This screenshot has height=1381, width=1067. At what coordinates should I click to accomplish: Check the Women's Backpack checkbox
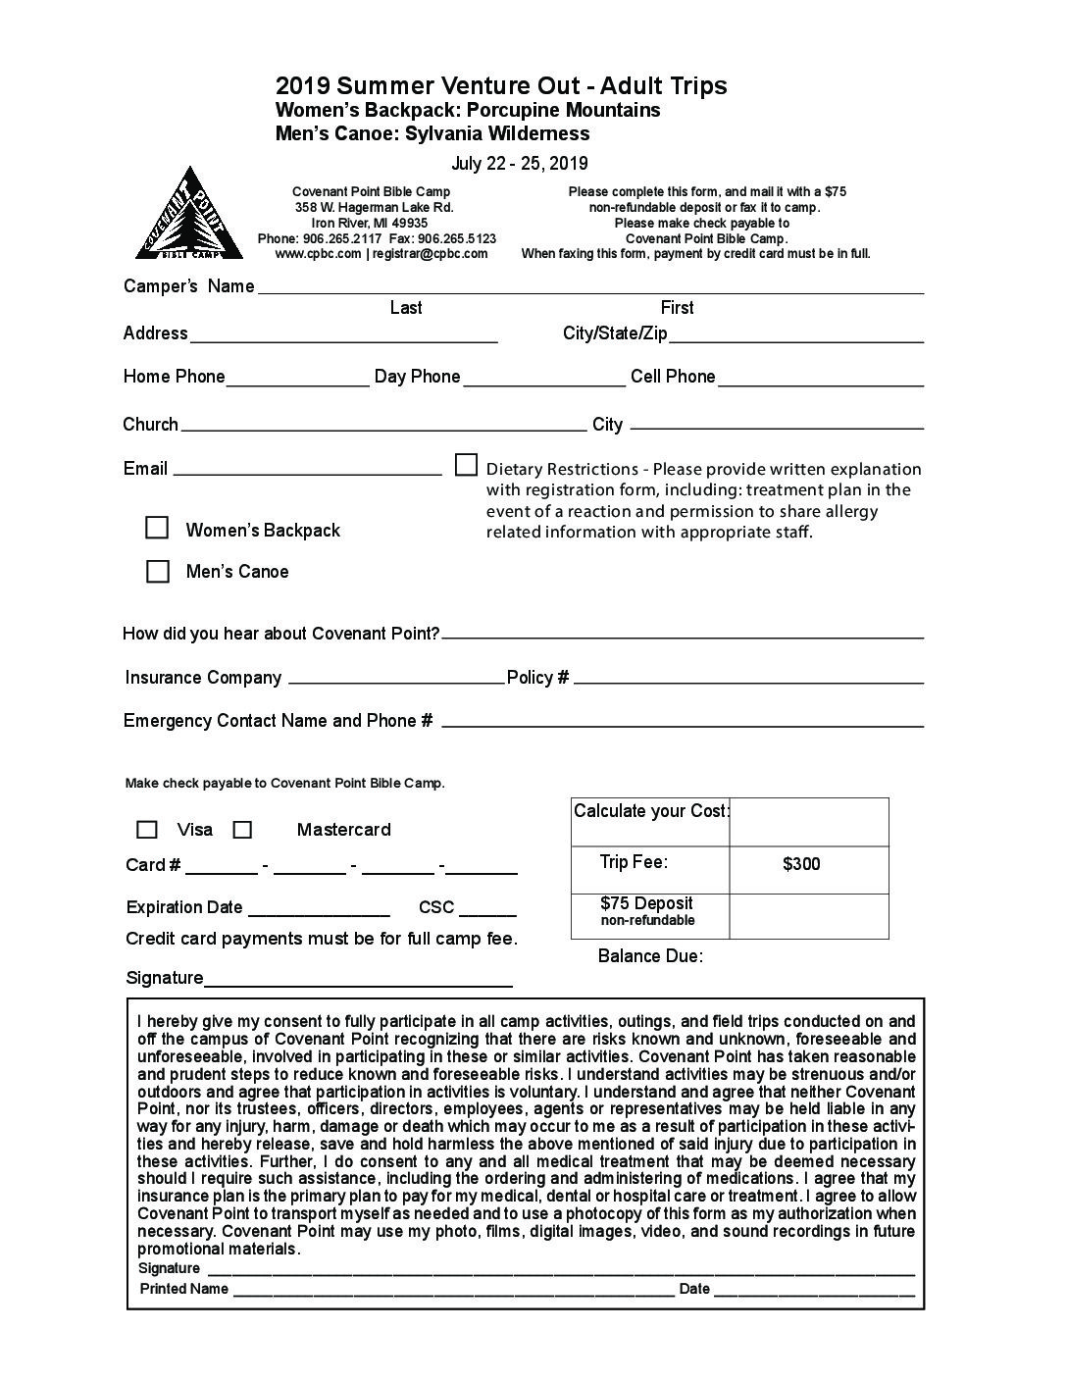click(x=157, y=528)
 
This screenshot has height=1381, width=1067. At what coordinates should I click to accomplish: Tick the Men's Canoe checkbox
click(x=157, y=571)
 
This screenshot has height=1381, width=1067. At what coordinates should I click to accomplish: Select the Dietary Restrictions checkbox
click(x=467, y=464)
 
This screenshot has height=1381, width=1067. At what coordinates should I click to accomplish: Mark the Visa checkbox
click(x=147, y=830)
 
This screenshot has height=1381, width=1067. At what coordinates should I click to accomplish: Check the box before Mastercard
click(x=242, y=830)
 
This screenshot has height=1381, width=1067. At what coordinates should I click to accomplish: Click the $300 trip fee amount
click(x=801, y=864)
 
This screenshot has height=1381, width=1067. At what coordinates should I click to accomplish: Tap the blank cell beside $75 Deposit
click(x=809, y=916)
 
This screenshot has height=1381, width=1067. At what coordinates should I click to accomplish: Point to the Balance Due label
click(x=650, y=956)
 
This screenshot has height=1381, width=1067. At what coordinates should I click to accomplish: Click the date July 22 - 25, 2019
click(x=520, y=164)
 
